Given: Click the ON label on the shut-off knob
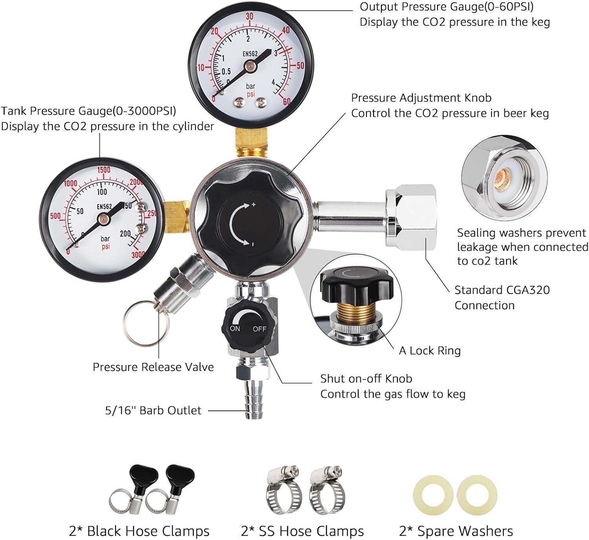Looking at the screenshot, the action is [235, 328].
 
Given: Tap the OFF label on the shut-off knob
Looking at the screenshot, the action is [260, 329].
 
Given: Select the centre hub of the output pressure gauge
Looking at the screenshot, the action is [251, 67].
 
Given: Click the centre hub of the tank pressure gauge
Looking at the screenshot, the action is [103, 219].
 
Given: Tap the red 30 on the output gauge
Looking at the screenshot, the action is [250, 16].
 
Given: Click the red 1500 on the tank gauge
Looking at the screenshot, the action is [104, 170].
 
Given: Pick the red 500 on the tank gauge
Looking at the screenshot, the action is [55, 216].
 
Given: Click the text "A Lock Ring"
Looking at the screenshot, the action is [430, 351].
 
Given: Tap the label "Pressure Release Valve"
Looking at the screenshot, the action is [153, 367].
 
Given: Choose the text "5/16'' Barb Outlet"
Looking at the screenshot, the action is [153, 410].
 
